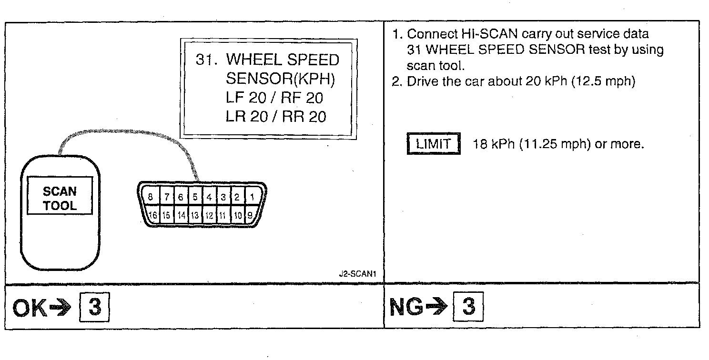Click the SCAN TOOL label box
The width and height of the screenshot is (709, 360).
60,198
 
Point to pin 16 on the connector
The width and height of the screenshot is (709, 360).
153,215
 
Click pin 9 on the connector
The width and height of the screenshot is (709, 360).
249,215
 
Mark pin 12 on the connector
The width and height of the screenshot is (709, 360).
209,215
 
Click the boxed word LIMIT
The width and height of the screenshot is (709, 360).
434,144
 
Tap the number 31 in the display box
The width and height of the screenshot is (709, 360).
205,60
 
